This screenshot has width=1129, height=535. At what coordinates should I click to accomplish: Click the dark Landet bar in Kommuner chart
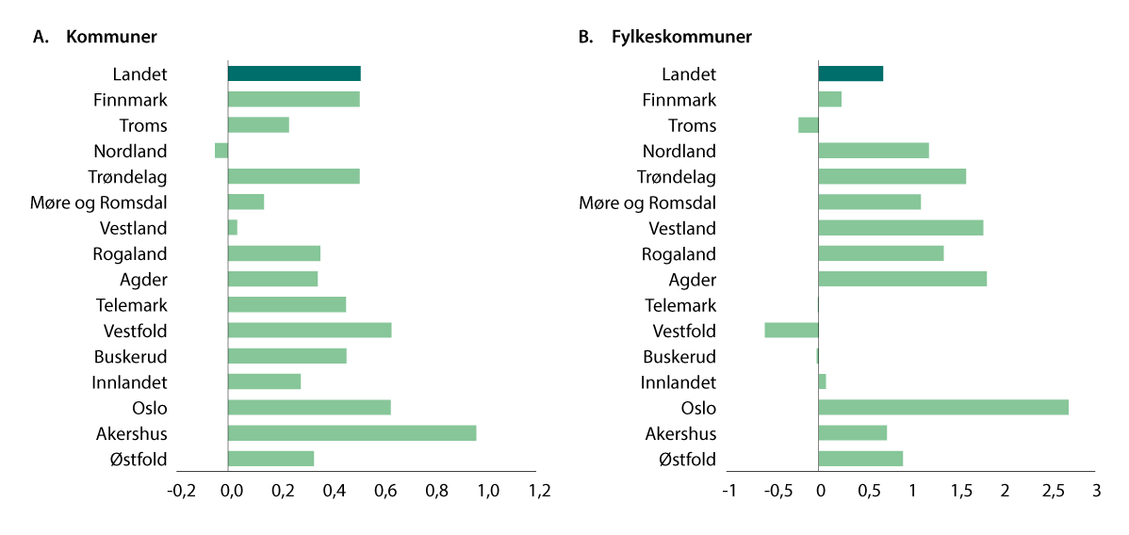[x=294, y=74]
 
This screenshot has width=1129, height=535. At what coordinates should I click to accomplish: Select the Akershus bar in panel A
[x=352, y=433]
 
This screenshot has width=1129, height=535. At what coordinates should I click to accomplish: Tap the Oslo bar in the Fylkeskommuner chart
[x=942, y=408]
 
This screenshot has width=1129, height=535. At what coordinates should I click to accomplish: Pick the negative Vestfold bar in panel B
[x=792, y=331]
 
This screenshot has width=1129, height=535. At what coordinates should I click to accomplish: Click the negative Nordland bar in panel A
[x=221, y=151]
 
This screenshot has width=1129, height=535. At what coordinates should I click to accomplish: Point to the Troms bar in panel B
[x=809, y=125]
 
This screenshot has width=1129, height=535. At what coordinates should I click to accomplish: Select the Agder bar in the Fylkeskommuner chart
[x=902, y=279]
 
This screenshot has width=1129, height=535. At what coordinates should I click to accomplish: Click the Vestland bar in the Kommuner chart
[x=233, y=228]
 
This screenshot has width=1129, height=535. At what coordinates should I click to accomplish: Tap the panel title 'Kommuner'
[x=111, y=37]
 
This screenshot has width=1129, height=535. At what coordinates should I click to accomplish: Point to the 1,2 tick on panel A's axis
[x=538, y=491]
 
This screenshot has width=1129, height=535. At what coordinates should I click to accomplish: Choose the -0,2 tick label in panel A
[x=181, y=491]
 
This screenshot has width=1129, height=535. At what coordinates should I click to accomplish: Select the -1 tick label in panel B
[x=729, y=491]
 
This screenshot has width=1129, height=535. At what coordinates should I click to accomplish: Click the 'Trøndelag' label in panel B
[x=676, y=177]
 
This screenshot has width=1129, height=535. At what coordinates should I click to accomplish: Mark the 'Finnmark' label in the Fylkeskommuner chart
[x=679, y=100]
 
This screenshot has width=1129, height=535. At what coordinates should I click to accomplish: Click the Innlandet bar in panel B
[x=822, y=381]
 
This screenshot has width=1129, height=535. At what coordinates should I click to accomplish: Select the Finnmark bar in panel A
[x=294, y=100]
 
